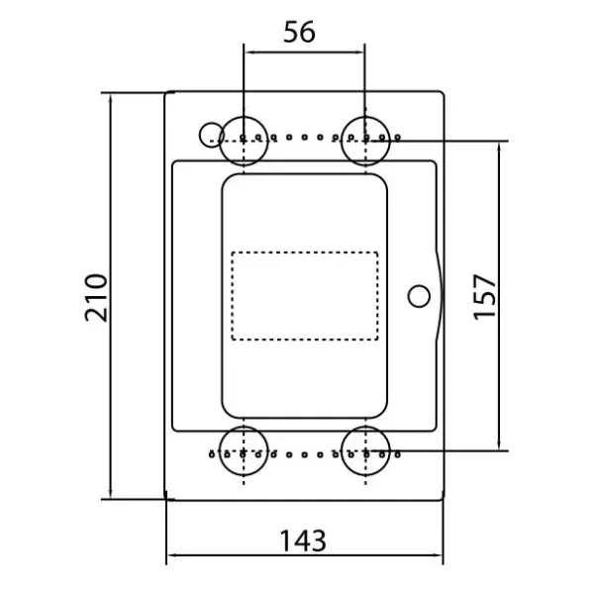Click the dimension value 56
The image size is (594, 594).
pyautogui.click(x=299, y=32)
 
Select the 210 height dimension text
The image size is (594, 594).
pyautogui.click(x=96, y=297)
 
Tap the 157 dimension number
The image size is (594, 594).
pyautogui.click(x=484, y=297)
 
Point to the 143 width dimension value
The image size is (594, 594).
pyautogui.click(x=303, y=541)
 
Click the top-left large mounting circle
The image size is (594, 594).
pyautogui.click(x=244, y=117)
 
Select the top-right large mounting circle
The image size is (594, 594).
pyautogui.click(x=365, y=117)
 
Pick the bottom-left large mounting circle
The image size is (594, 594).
pyautogui.click(x=244, y=427)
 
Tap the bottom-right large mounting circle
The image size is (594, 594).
pyautogui.click(x=365, y=427)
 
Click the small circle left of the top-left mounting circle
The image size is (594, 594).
pyautogui.click(x=200, y=135)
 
